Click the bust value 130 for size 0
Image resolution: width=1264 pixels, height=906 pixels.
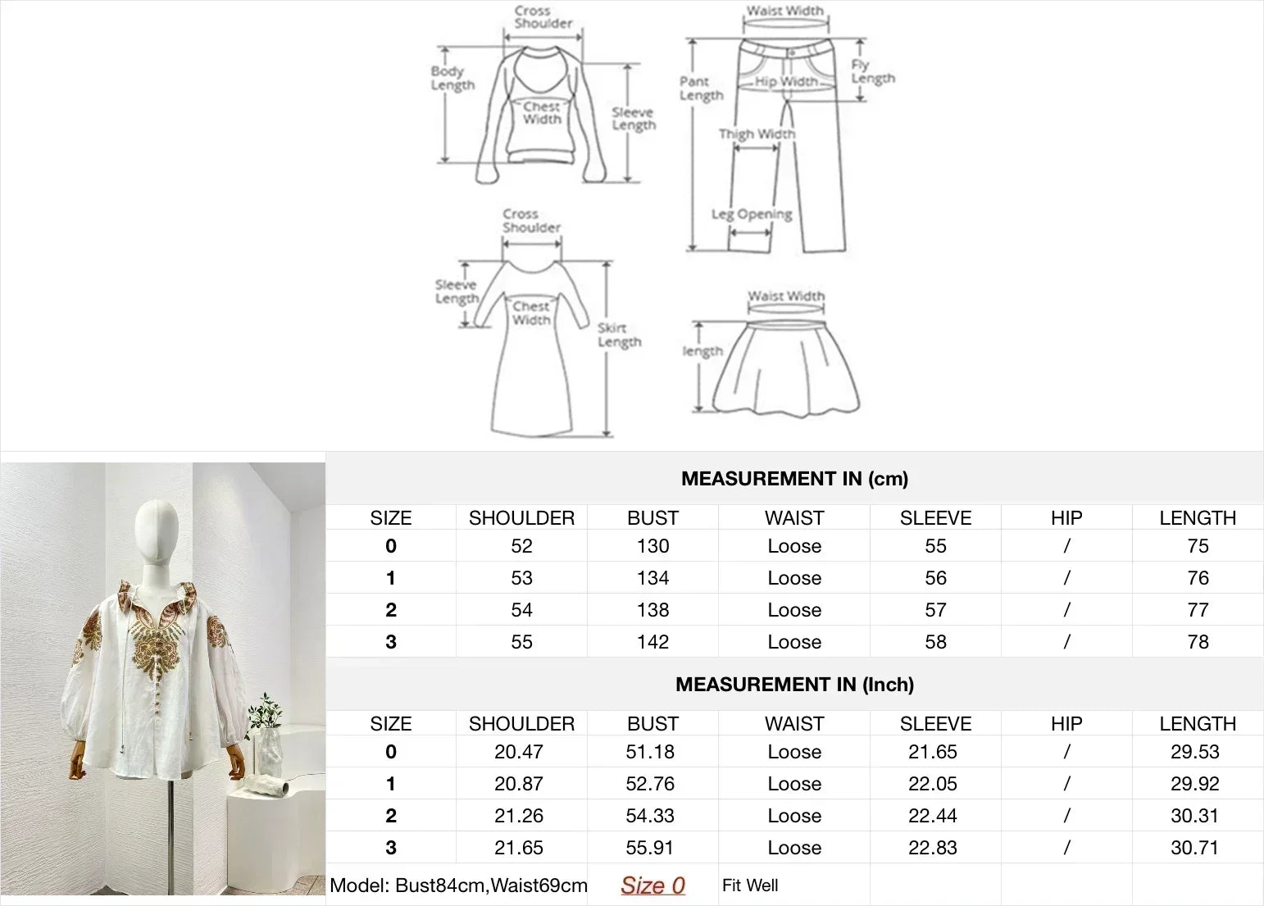tap(652, 546)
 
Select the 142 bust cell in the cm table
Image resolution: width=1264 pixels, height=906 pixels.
tap(652, 642)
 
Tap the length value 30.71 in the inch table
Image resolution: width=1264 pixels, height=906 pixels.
tap(1194, 848)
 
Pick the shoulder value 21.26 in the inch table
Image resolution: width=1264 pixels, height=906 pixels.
tap(519, 816)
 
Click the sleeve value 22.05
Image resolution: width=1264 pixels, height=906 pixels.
tap(933, 784)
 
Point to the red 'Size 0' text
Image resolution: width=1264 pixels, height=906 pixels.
tap(652, 886)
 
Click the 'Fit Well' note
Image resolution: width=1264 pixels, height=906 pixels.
tap(750, 886)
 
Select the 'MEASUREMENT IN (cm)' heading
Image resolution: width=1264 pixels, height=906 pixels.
tap(794, 479)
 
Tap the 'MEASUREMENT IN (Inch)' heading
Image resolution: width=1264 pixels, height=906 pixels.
tap(794, 685)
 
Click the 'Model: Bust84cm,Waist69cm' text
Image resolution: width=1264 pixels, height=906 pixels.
tap(458, 886)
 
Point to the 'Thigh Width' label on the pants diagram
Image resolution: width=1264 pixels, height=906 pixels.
tap(757, 134)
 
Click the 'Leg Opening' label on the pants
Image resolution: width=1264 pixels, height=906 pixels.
tap(752, 214)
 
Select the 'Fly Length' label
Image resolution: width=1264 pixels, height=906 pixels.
tap(872, 71)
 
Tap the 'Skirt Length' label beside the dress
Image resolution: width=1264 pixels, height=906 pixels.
tap(619, 335)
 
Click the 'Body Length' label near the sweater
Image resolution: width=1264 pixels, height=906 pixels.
tap(452, 78)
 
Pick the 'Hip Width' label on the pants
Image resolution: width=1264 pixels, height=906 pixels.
tap(785, 81)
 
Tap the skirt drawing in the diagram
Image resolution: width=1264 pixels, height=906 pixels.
tap(785, 369)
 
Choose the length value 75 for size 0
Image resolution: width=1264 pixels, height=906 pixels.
tap(1198, 546)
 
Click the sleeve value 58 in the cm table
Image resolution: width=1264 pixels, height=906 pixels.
tap(935, 642)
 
